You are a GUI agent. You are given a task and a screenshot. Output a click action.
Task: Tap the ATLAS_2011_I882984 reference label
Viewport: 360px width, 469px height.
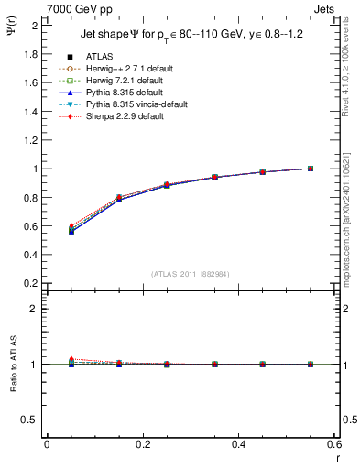pyautogui.click(x=191, y=274)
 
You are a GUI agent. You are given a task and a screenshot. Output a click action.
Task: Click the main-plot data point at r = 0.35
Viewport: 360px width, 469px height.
pyautogui.click(x=214, y=177)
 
